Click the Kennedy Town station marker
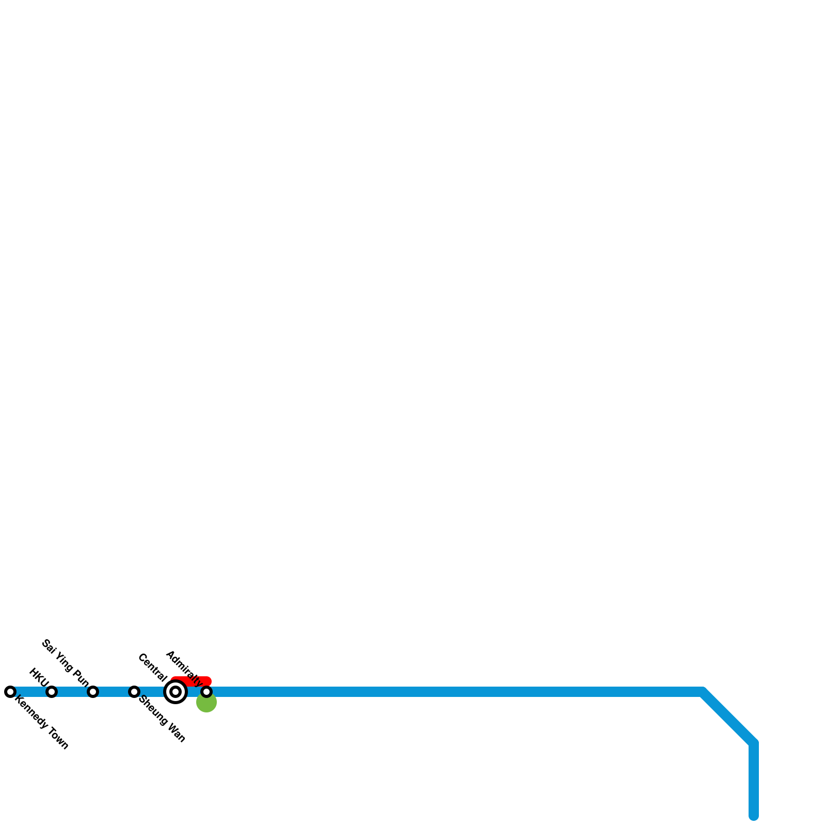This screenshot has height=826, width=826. click(x=10, y=692)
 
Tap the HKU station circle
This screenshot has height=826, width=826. click(x=52, y=692)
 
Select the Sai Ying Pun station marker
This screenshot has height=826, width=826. click(x=93, y=692)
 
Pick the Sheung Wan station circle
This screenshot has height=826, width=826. click(x=134, y=692)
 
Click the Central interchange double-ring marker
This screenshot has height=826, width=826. click(x=176, y=692)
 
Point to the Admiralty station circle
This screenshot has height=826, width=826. click(x=206, y=692)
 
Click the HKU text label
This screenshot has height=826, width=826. click(x=39, y=675)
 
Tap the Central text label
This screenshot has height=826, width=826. click(x=152, y=668)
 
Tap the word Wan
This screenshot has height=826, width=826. click(x=176, y=734)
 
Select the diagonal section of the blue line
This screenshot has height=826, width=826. click(x=728, y=717)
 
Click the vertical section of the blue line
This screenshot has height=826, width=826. click(x=754, y=780)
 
